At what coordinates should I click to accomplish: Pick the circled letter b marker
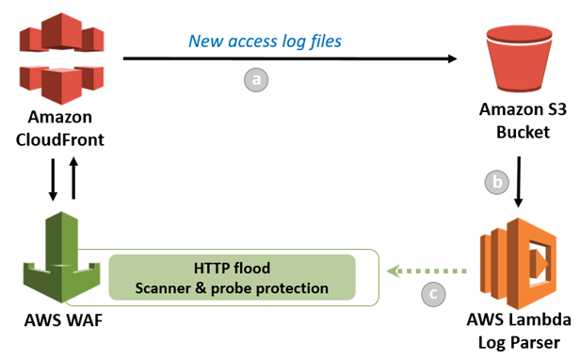495,182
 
